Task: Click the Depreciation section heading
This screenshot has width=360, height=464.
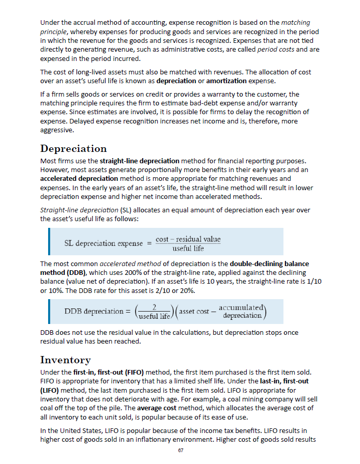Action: click(73, 149)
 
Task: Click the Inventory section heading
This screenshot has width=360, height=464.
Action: click(65, 360)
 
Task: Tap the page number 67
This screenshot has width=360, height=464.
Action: click(181, 451)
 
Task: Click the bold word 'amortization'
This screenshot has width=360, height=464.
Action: click(222, 81)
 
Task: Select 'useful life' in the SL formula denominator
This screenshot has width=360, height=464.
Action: click(188, 248)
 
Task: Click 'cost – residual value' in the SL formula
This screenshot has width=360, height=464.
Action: click(188, 239)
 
